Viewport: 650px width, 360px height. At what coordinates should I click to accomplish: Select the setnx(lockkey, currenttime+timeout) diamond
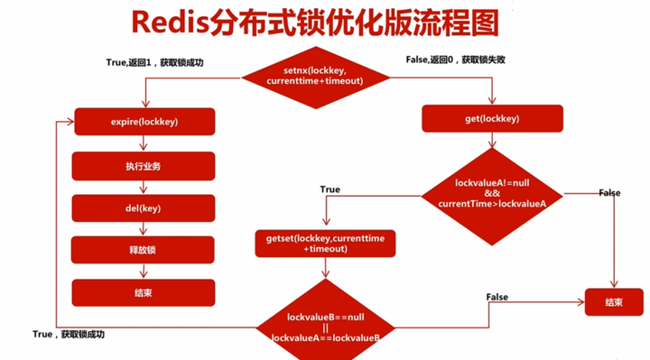click(315, 76)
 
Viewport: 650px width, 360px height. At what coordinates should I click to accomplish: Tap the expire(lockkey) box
click(144, 121)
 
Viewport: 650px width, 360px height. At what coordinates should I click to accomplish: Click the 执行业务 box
click(144, 165)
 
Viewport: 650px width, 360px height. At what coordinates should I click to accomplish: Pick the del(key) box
click(144, 208)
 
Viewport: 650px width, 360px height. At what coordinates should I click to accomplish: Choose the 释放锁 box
click(144, 250)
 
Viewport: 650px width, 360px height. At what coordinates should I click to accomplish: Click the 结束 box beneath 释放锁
click(144, 292)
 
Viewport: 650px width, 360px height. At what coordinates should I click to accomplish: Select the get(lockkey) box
click(492, 118)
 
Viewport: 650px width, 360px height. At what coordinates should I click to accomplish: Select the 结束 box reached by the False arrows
click(616, 301)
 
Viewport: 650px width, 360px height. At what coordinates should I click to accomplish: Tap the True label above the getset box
click(330, 190)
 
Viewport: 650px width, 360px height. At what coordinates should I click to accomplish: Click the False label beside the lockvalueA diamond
click(609, 193)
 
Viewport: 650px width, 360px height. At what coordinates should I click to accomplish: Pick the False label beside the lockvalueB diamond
click(497, 297)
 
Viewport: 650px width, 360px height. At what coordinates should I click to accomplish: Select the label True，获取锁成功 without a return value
click(69, 334)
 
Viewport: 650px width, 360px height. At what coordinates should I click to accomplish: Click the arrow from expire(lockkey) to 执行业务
click(144, 143)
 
